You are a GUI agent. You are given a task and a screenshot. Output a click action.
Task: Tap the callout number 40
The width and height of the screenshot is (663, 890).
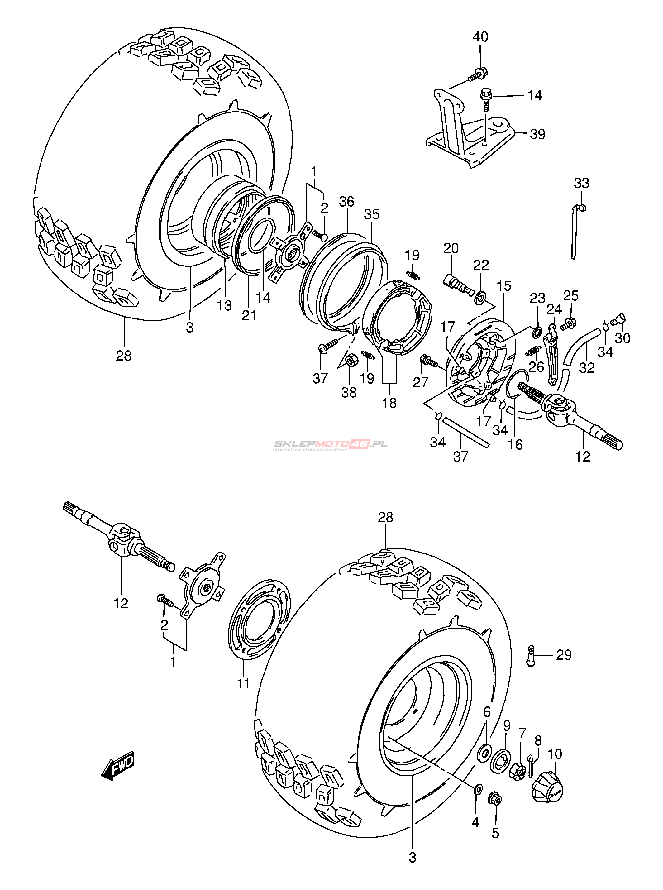(x=480, y=37)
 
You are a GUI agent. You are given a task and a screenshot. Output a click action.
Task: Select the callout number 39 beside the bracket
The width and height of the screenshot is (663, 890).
(x=537, y=134)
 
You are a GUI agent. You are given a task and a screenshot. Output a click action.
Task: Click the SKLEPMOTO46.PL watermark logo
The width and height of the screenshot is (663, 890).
(x=331, y=445)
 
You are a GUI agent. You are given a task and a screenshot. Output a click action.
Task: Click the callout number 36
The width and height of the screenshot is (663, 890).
(x=346, y=202)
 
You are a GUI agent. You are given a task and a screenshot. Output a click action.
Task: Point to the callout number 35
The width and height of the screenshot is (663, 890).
(x=372, y=214)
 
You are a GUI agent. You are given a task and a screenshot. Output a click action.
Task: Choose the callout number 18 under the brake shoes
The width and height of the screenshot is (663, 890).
(x=389, y=403)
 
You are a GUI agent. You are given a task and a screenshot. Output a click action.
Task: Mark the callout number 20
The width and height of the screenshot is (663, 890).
(x=451, y=248)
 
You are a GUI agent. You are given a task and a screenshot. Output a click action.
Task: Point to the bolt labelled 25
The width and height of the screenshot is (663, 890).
(x=568, y=323)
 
